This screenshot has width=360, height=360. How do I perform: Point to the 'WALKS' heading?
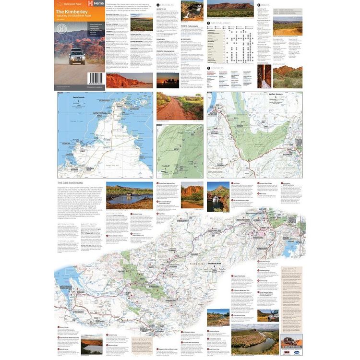point(267,4)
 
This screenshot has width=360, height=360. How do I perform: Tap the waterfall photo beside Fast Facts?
point(192,10)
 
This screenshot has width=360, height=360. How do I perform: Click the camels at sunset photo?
point(168,80)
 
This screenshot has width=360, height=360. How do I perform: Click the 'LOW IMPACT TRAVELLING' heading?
point(292,271)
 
